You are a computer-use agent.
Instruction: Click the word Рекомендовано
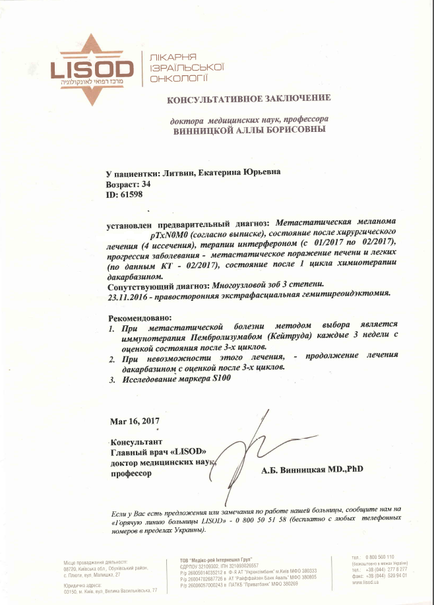(135, 317)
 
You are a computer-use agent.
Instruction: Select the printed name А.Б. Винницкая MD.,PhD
(312, 470)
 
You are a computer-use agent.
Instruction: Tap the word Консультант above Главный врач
(137, 441)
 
